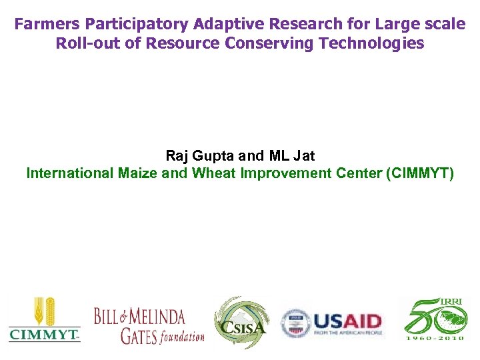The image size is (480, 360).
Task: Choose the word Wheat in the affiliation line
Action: pyautogui.click(x=211, y=173)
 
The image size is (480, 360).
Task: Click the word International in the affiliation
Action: pyautogui.click(x=70, y=173)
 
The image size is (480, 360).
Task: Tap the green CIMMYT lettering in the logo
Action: pyautogui.click(x=44, y=334)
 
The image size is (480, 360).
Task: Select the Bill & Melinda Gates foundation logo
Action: pyautogui.click(x=149, y=325)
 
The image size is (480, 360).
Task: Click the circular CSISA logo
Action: pyautogui.click(x=241, y=321)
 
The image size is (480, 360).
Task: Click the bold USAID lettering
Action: pyautogui.click(x=347, y=321)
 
